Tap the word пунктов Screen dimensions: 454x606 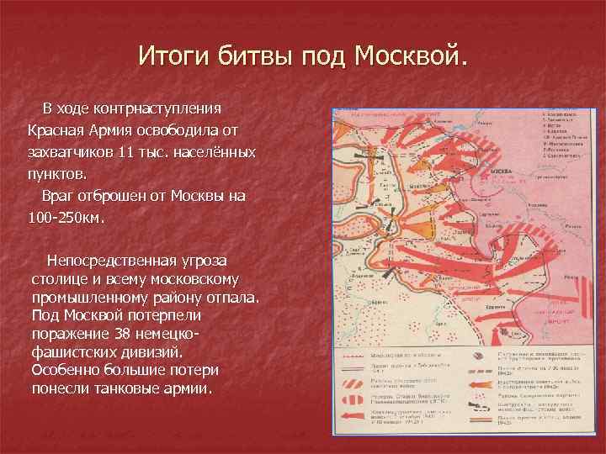(x=56, y=175)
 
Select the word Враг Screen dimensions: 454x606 (x=60, y=197)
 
